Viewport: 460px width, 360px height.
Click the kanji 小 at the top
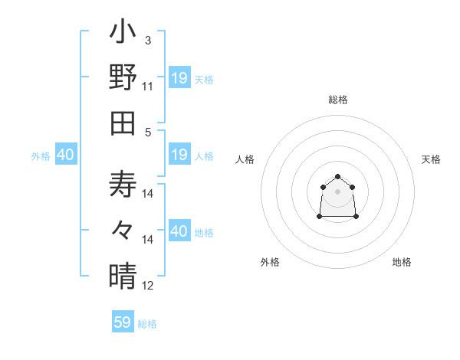tap(123, 34)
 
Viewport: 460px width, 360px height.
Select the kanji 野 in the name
tap(123, 77)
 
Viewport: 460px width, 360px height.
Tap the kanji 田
tap(123, 122)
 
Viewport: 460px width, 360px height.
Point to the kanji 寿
tap(123, 185)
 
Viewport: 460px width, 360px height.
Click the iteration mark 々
tap(123, 230)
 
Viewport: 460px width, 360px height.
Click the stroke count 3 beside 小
tap(147, 39)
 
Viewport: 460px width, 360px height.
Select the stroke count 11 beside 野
tap(148, 87)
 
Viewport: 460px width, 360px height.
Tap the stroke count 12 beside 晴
tap(148, 286)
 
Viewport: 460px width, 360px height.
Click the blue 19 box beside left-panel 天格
tap(179, 78)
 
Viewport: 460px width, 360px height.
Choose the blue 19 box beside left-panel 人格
tap(179, 155)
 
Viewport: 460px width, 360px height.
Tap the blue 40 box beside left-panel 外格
tap(65, 155)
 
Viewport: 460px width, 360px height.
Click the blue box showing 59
tap(123, 322)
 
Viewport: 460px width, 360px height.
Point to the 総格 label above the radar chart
tap(338, 100)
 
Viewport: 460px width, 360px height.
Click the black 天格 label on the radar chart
tap(431, 159)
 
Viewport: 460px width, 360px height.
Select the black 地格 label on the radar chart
tap(402, 262)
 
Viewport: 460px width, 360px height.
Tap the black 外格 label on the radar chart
tap(270, 262)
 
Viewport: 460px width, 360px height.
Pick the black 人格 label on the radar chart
tap(245, 159)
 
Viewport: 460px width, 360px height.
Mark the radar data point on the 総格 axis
tap(337, 177)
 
